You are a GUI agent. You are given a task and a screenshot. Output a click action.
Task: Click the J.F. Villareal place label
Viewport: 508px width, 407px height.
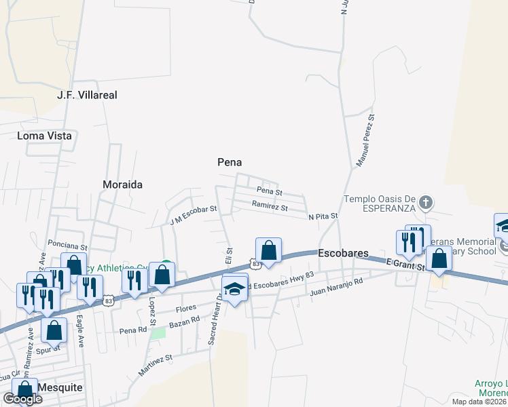coord(88,95)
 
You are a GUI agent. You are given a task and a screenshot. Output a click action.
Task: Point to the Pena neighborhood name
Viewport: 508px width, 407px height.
coord(230,162)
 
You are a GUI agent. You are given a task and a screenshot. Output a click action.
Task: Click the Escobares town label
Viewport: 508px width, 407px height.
coord(343,253)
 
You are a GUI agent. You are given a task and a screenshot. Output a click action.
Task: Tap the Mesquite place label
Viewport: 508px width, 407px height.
coord(60,387)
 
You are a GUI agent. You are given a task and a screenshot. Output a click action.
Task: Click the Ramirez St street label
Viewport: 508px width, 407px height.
coord(270,206)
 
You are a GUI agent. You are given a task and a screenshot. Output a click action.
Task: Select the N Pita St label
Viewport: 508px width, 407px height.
coord(323,216)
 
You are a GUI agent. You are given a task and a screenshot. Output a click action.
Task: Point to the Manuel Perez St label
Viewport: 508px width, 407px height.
coord(366,141)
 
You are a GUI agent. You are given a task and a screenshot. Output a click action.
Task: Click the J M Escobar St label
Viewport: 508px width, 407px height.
coord(193,215)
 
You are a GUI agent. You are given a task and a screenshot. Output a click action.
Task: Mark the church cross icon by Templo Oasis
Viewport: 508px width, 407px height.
coord(426,201)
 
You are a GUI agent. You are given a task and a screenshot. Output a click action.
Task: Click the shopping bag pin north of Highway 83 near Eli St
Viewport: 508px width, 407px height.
coord(269,250)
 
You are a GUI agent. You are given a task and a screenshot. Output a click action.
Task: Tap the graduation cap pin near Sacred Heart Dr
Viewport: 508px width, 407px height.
coord(235,290)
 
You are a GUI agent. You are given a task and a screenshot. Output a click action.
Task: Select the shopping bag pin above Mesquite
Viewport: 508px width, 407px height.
coord(24,390)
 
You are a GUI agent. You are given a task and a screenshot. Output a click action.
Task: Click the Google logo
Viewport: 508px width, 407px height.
coord(22,399)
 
